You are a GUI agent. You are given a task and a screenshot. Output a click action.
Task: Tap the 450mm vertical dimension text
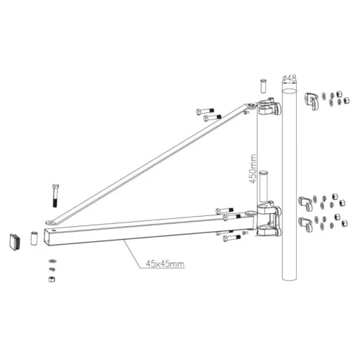click(253, 169)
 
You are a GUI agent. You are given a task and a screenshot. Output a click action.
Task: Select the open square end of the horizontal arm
click(48, 235)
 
